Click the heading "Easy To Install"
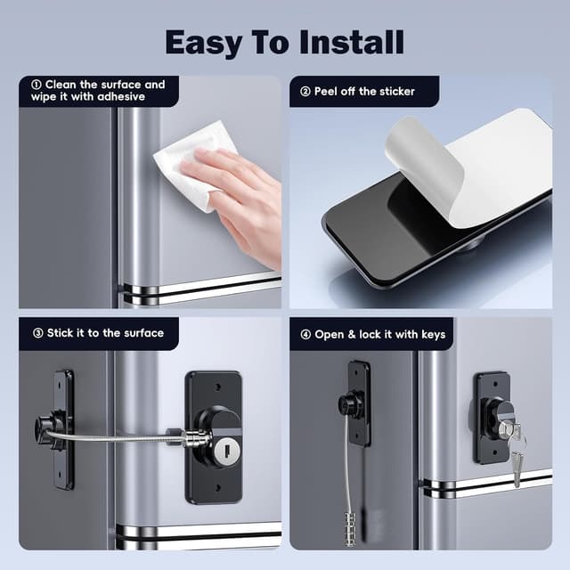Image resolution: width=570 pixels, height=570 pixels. pyautogui.click(x=284, y=41)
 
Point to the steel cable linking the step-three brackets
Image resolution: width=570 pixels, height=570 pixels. pyautogui.click(x=116, y=436)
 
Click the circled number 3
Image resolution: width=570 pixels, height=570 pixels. pyautogui.click(x=38, y=333)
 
